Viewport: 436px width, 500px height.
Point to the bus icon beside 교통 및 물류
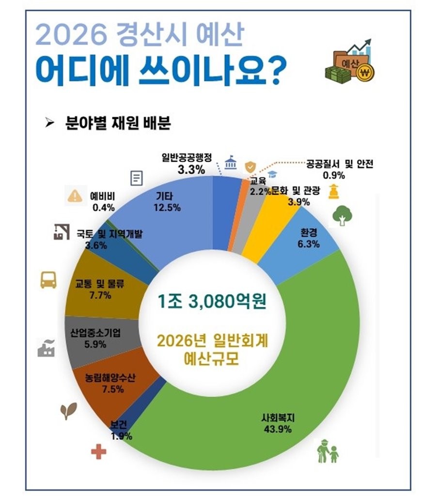point(48,280)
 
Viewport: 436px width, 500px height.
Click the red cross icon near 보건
point(98,452)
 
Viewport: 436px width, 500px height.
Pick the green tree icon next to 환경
point(342,216)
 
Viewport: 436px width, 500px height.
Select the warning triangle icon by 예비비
point(75,196)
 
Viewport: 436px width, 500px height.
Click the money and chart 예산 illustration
point(350,61)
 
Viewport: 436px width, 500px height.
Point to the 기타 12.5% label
point(168,202)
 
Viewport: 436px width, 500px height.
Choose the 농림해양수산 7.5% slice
point(104,385)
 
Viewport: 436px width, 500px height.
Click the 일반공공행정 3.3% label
point(187,164)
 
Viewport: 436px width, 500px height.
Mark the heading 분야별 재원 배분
point(117,123)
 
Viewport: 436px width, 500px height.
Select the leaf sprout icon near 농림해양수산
point(68,411)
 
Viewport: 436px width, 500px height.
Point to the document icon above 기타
point(137,179)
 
